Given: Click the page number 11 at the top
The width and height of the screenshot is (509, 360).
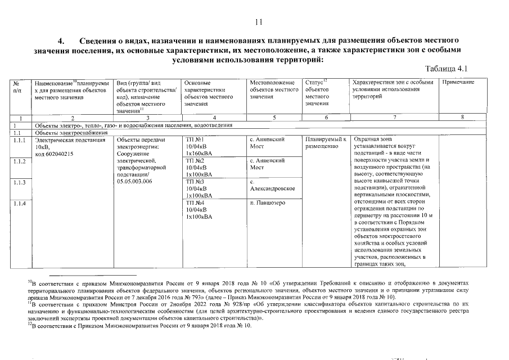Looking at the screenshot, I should pyautogui.click(x=259, y=22).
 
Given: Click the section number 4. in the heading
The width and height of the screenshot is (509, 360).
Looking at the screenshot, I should pyautogui.click(x=62, y=41).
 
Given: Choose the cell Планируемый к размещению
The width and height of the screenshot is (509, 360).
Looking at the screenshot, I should pyautogui.click(x=323, y=143).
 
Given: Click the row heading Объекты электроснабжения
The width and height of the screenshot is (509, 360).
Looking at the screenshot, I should pyautogui.click(x=63, y=132).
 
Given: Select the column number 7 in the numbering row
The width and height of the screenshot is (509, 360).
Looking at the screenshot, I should pyautogui.click(x=394, y=118).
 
